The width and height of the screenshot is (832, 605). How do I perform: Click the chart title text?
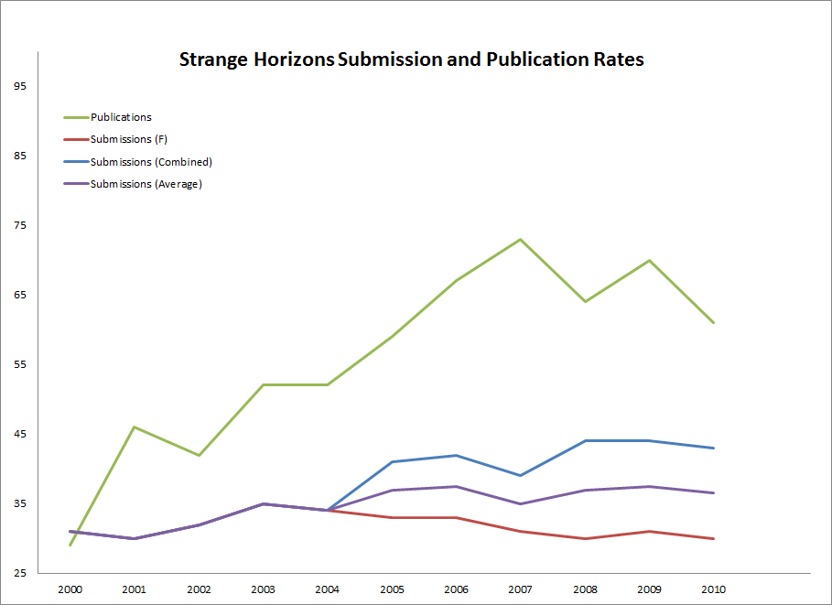pyautogui.click(x=412, y=60)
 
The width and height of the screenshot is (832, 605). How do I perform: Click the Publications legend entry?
pyautogui.click(x=121, y=117)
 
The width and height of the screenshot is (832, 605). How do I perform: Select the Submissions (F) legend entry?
pyautogui.click(x=129, y=139)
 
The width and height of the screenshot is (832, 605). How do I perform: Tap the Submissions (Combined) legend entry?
pyautogui.click(x=151, y=162)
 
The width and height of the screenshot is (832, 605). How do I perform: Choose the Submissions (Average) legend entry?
pyautogui.click(x=146, y=184)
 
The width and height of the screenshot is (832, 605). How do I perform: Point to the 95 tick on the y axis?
pyautogui.click(x=21, y=86)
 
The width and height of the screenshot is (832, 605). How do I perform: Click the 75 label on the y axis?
pyautogui.click(x=21, y=225)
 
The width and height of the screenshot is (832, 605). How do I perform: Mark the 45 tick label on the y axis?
pyautogui.click(x=21, y=434)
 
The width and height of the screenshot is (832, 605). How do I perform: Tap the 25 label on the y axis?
pyautogui.click(x=21, y=573)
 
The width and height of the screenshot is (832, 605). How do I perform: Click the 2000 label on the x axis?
pyautogui.click(x=70, y=589)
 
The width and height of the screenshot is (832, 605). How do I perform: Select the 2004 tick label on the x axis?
pyautogui.click(x=328, y=589)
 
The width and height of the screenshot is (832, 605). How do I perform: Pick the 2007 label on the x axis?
pyautogui.click(x=521, y=589)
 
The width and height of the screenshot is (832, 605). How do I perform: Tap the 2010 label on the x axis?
pyautogui.click(x=713, y=589)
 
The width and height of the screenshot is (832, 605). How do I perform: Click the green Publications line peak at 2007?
pyautogui.click(x=521, y=240)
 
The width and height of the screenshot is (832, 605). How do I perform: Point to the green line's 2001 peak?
pyautogui.click(x=135, y=427)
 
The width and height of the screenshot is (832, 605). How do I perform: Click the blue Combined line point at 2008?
pyautogui.click(x=585, y=441)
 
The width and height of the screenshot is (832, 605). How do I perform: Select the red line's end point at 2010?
pyautogui.click(x=713, y=538)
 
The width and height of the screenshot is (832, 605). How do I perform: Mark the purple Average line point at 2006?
pyautogui.click(x=457, y=487)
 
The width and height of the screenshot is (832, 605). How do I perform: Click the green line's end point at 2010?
pyautogui.click(x=713, y=322)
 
